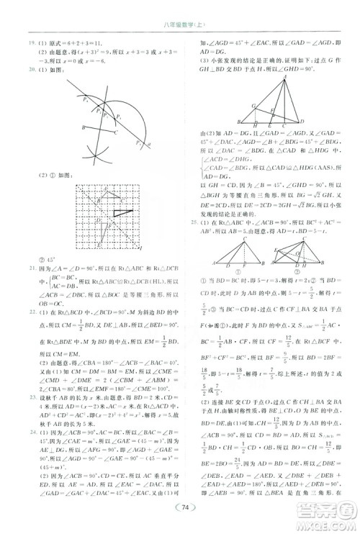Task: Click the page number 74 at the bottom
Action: pyautogui.click(x=185, y=507)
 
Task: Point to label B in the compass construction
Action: pyautogui.click(x=84, y=127)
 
